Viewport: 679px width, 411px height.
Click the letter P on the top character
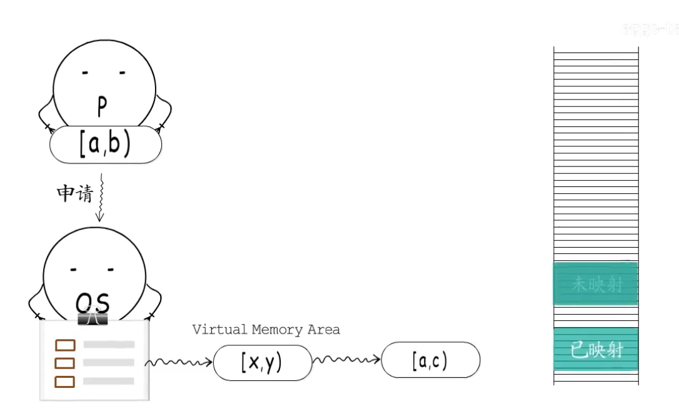[x=103, y=108]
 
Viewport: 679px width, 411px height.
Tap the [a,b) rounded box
[x=106, y=145]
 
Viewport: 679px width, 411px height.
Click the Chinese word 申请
[x=74, y=194]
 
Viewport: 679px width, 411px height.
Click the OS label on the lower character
[x=93, y=303]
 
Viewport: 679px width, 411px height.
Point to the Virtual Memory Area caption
[x=266, y=330]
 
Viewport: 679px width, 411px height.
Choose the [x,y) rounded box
[x=262, y=362]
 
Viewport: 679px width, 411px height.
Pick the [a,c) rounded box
[x=430, y=360]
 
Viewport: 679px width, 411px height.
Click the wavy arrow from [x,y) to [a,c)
[x=346, y=359]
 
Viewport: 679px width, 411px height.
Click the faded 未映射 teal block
[x=596, y=284]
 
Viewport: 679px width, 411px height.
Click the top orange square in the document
[x=65, y=345]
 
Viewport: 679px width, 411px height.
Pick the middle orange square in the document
[x=65, y=363]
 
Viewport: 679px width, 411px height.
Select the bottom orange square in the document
[x=65, y=381]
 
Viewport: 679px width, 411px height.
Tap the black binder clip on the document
[x=93, y=318]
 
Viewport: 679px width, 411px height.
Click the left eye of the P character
[x=84, y=73]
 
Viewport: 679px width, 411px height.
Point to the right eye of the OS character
[x=111, y=270]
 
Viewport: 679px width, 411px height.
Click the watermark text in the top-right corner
[x=650, y=29]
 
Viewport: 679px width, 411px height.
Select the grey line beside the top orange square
[x=109, y=344]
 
